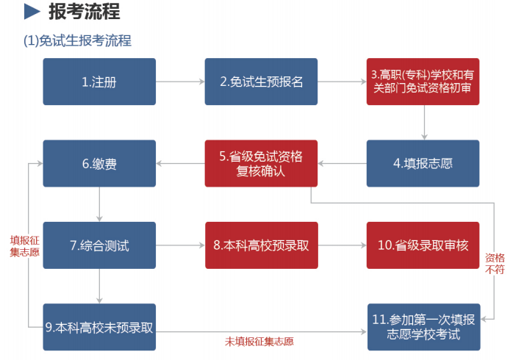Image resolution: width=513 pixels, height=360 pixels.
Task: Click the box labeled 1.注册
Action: click(99, 82)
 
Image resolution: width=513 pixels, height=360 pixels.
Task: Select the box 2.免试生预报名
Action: click(261, 82)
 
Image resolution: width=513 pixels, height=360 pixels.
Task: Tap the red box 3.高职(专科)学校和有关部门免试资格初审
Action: click(423, 82)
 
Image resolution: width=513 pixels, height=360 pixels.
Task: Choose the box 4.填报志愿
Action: click(423, 163)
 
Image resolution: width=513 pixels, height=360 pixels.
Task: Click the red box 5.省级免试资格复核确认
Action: click(261, 163)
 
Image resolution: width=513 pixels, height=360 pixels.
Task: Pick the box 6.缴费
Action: click(99, 163)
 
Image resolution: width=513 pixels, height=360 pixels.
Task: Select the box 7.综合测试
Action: click(99, 245)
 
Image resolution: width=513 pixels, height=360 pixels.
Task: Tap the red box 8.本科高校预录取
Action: click(261, 245)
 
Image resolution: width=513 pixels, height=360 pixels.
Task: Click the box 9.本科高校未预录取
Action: click(99, 327)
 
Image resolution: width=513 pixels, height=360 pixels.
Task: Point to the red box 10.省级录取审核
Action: click(423, 245)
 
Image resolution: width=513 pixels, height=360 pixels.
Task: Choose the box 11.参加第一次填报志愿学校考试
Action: click(423, 327)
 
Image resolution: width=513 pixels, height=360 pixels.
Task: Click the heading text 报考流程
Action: click(84, 12)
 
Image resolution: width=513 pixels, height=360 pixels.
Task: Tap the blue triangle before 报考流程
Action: click(32, 12)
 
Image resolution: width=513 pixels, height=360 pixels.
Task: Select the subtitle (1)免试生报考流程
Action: click(78, 40)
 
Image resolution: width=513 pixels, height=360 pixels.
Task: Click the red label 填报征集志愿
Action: click(24, 245)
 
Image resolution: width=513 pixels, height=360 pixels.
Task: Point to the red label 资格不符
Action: click(495, 264)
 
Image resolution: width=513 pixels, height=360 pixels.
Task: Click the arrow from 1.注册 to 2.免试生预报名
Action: click(180, 82)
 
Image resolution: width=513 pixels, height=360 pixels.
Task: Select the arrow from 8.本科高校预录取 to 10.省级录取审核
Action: click(342, 245)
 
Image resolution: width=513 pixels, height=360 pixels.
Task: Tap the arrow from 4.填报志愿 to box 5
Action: click(342, 163)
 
